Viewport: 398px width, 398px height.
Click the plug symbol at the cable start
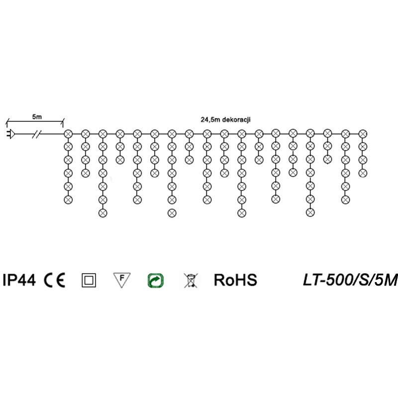(x=10, y=134)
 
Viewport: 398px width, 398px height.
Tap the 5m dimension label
(x=37, y=117)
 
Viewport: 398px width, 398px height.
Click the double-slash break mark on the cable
(x=37, y=134)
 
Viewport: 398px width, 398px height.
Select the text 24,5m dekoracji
(x=225, y=119)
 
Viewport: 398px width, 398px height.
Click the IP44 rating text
(x=19, y=280)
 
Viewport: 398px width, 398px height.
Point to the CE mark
(x=55, y=280)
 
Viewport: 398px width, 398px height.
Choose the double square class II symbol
(x=89, y=280)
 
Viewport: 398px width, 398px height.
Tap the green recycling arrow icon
(x=156, y=281)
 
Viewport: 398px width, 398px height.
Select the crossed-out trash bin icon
(x=191, y=281)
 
